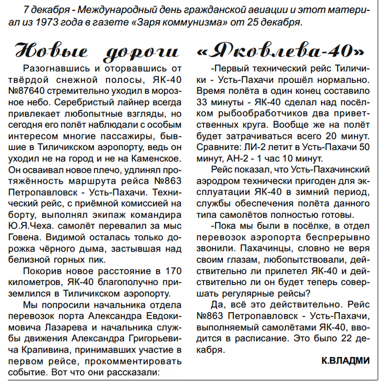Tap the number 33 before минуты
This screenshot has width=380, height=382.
click(204, 102)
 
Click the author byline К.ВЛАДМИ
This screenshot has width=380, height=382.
click(345, 360)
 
